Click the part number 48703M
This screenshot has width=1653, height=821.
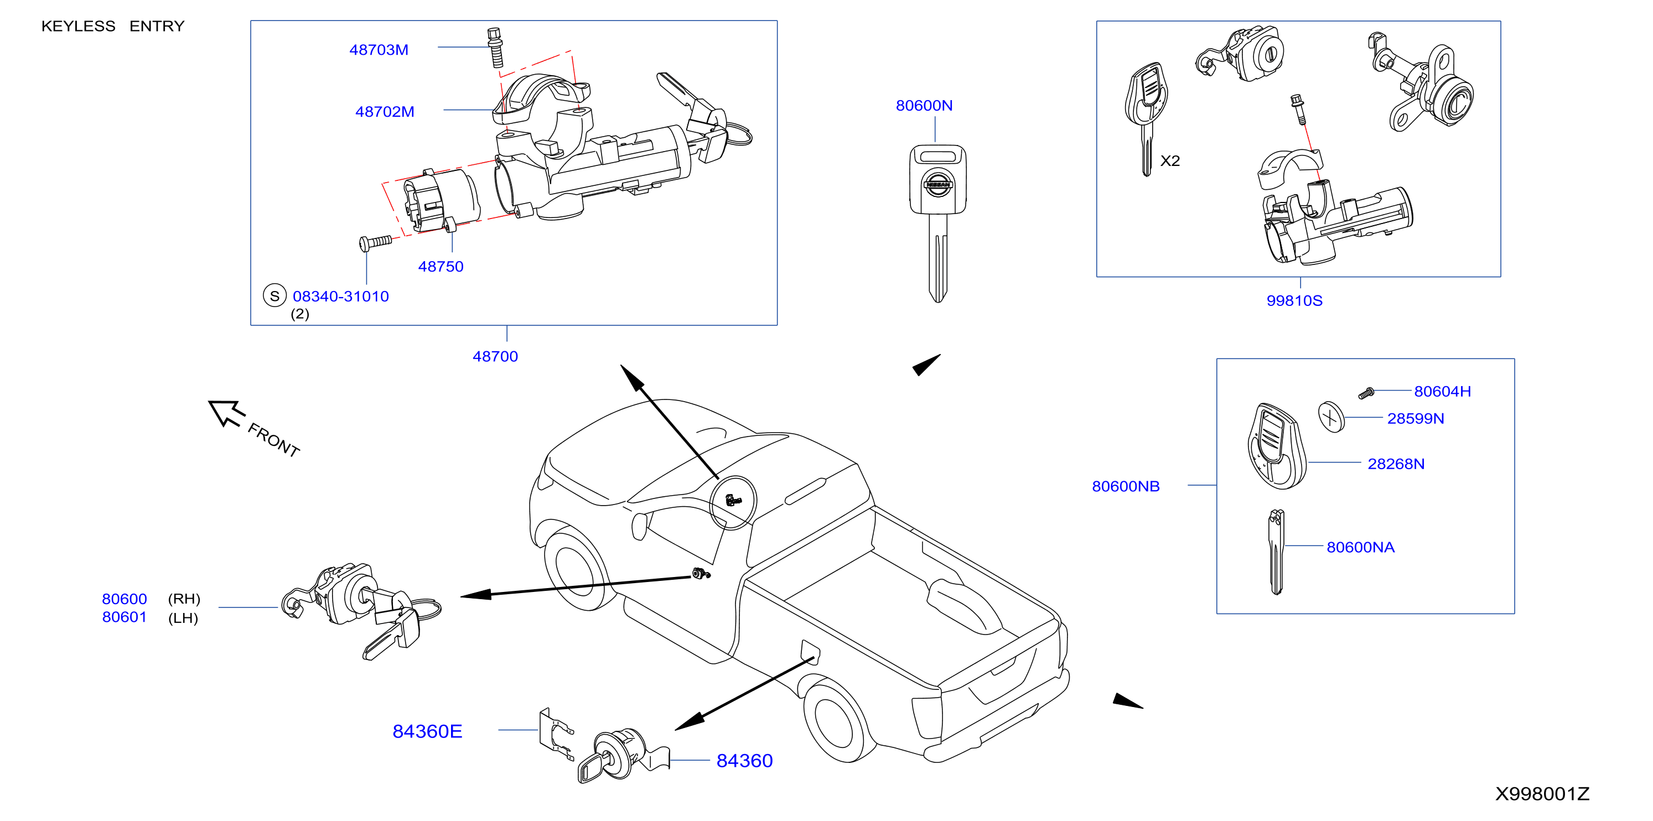(x=379, y=50)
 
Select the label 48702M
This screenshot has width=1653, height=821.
(x=385, y=112)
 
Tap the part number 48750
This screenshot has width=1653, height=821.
(x=441, y=267)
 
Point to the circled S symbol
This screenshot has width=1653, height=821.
(x=274, y=295)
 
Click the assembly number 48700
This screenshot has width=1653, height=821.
(x=495, y=357)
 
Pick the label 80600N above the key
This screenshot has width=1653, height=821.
(x=924, y=106)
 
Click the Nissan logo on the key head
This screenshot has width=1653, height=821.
(x=937, y=185)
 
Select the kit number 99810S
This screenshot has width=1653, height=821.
(x=1294, y=301)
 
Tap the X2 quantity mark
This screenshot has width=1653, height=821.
(x=1170, y=161)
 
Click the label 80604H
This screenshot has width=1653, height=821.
(x=1443, y=391)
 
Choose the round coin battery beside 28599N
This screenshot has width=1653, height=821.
(x=1331, y=417)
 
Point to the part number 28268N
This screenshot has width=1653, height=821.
(x=1396, y=464)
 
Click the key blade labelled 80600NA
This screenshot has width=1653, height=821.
(x=1276, y=552)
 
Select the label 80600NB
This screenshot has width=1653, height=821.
(x=1126, y=486)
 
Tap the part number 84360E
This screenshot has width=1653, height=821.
(x=427, y=731)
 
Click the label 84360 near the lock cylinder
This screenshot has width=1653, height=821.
(x=744, y=761)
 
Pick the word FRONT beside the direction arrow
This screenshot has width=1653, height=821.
(x=274, y=440)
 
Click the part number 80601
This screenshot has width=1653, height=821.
(x=125, y=617)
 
